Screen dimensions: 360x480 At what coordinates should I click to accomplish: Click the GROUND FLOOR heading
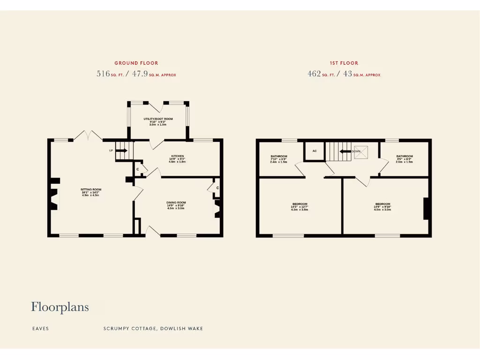pos(136,63)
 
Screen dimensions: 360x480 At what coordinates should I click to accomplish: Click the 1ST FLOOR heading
pos(344,63)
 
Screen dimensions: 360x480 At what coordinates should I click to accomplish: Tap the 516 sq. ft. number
pos(103,74)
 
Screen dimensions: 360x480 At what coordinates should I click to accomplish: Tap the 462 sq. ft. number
pos(314,74)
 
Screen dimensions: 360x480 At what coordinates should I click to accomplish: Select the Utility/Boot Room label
pos(158,119)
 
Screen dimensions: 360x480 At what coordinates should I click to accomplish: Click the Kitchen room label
pos(177,156)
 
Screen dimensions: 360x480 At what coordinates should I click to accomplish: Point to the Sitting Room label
pos(90,190)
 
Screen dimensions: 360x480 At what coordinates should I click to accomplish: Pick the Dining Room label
pos(176,202)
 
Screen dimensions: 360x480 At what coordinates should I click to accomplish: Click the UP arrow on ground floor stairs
pos(121,150)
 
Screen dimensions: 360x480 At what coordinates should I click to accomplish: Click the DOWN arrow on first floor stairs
pos(346,151)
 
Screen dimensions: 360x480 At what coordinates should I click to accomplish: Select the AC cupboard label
pos(315,151)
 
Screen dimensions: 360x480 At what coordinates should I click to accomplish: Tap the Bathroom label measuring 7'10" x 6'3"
pos(279,157)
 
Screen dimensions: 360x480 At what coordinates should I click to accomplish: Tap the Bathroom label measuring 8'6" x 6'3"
pos(404,157)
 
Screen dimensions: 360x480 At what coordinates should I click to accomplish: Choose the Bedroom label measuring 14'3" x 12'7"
pos(299,204)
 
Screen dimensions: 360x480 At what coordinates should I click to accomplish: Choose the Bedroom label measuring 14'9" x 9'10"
pos(382,204)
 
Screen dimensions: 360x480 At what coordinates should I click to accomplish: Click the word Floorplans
pos(60,307)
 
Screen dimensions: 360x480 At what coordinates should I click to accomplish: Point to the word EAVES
pos(40,329)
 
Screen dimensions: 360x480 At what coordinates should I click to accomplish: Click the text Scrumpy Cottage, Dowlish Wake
pos(153,329)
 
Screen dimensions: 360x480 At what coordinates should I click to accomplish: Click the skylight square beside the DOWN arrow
pos(361,152)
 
